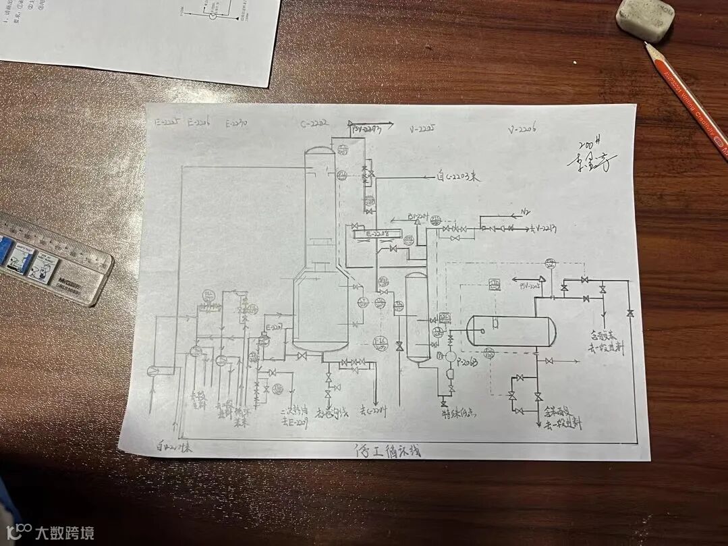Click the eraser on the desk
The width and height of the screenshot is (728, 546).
click(645, 19)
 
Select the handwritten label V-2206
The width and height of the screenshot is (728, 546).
click(524, 130)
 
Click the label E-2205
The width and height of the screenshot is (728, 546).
click(166, 122)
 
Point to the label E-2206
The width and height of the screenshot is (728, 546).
click(200, 123)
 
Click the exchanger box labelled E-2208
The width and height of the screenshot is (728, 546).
click(374, 234)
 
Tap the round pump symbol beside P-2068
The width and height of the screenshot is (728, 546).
click(451, 356)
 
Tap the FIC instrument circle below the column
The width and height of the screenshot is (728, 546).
click(381, 342)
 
